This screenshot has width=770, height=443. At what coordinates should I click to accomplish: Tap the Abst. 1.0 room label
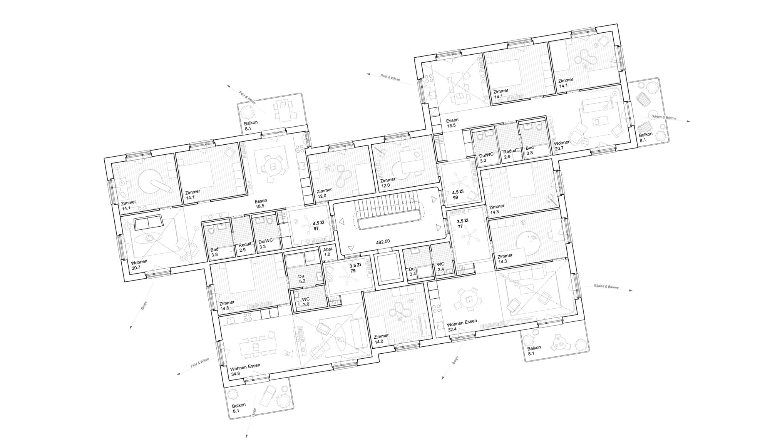coord(328,251)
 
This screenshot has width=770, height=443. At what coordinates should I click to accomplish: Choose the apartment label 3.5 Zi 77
coord(462,224)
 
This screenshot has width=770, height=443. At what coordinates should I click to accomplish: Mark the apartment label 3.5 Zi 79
coord(355,268)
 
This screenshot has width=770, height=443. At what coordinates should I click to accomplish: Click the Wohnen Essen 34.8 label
coord(245,370)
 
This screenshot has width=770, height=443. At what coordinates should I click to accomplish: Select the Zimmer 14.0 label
coord(381,338)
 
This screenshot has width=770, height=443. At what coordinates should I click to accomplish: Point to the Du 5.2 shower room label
coord(302,279)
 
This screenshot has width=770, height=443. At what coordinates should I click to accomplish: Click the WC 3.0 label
coord(306,301)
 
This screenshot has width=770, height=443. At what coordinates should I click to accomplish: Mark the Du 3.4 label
coord(412,271)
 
